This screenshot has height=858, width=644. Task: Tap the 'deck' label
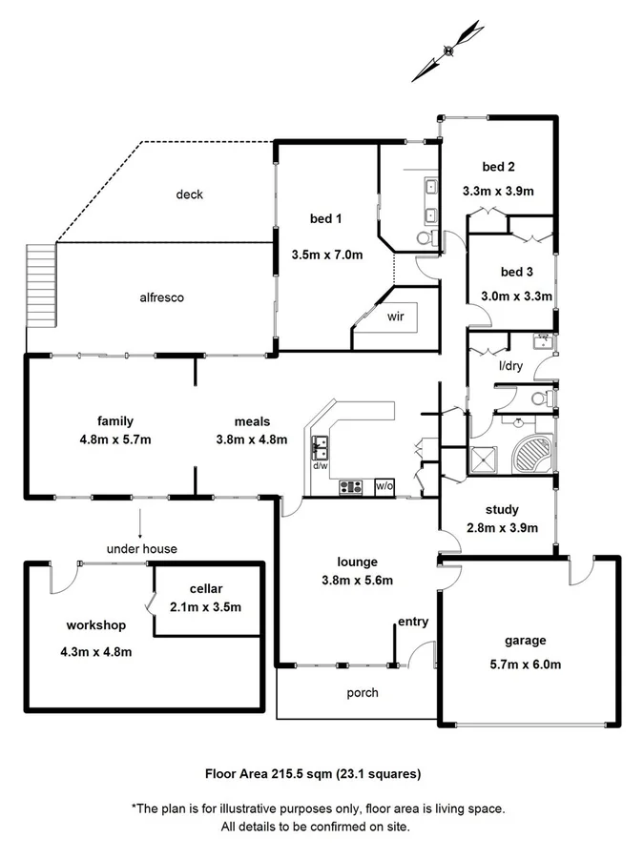pyautogui.click(x=189, y=194)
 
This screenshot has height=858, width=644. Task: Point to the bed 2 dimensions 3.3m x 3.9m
pyautogui.click(x=497, y=190)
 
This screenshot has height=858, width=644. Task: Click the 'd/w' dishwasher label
pyautogui.click(x=321, y=465)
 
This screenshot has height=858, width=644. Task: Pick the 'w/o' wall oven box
pyautogui.click(x=384, y=486)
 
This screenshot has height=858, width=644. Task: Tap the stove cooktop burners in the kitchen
pyautogui.click(x=351, y=486)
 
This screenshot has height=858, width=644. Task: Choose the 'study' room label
pyautogui.click(x=501, y=509)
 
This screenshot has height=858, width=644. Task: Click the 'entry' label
pyautogui.click(x=413, y=622)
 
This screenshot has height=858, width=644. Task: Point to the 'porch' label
pyautogui.click(x=363, y=692)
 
